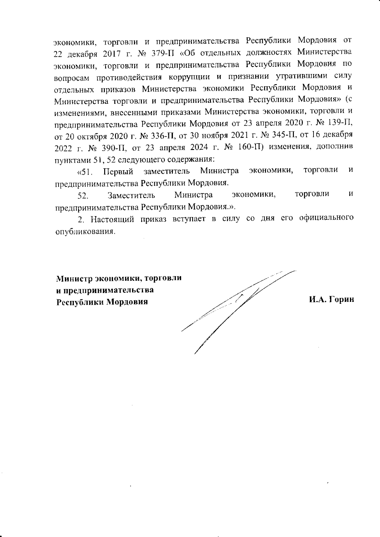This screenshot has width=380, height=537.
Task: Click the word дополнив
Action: click(337, 148)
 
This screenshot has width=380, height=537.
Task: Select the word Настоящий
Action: click(110, 219)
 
